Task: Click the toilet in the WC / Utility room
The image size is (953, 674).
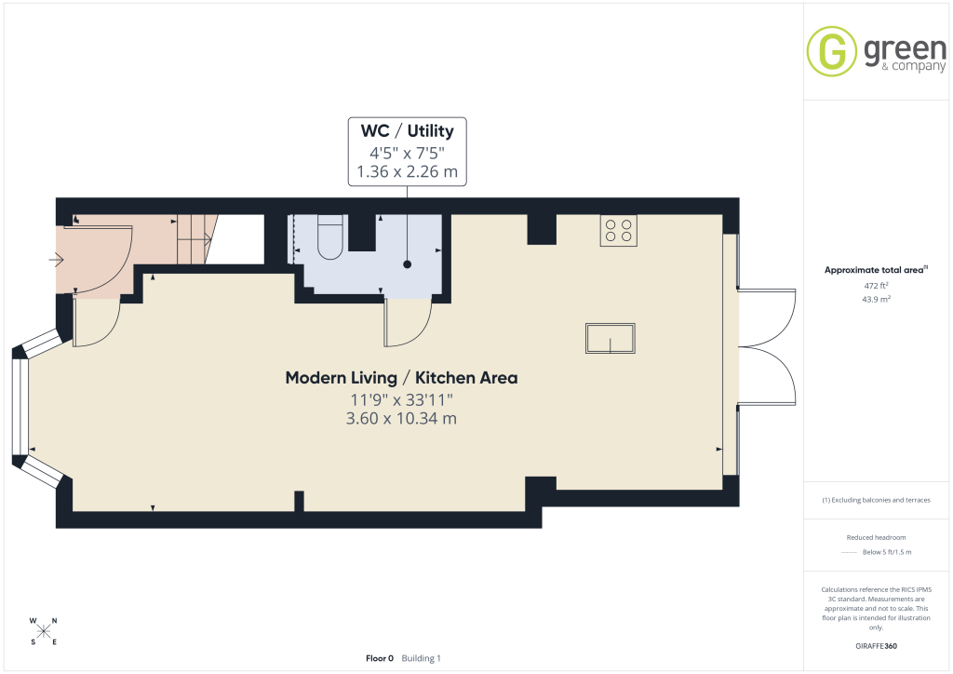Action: click(x=330, y=237)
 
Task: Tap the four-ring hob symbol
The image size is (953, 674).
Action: click(x=619, y=230)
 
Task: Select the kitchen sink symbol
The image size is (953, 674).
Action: click(x=611, y=338)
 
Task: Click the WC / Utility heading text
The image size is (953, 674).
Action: click(x=408, y=130)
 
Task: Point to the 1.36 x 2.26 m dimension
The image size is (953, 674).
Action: click(x=408, y=172)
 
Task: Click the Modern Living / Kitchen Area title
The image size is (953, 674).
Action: click(x=402, y=377)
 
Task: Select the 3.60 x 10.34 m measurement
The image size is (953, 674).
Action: click(x=401, y=418)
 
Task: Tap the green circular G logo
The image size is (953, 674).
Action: click(x=831, y=51)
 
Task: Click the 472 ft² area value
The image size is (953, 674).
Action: click(x=876, y=286)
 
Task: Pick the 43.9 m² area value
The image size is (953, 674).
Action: click(x=876, y=299)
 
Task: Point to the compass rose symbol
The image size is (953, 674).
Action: click(x=44, y=631)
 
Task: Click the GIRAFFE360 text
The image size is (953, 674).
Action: click(x=876, y=646)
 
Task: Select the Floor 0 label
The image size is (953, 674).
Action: click(x=380, y=658)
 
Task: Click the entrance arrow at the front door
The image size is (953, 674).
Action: click(x=56, y=260)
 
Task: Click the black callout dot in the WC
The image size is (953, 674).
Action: click(x=408, y=264)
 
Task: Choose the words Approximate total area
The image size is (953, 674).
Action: click(x=873, y=270)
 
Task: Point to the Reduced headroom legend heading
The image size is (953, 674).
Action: click(x=876, y=537)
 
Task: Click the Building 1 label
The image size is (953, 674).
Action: click(x=422, y=658)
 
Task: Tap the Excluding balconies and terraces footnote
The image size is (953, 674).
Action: click(x=876, y=500)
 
